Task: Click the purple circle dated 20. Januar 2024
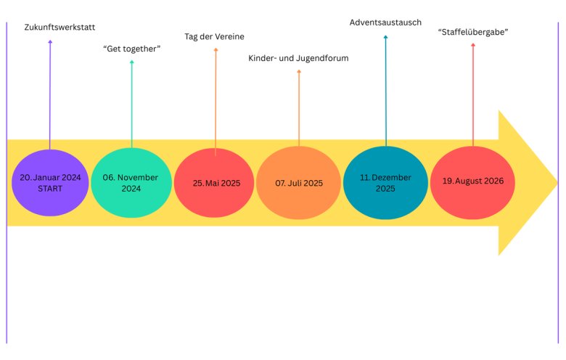(50, 183)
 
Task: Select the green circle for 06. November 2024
(131, 183)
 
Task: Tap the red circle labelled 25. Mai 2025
(214, 183)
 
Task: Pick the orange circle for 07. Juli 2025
(298, 183)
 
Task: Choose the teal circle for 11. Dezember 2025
(385, 183)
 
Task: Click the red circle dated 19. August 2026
(472, 183)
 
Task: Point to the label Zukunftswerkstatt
(60, 27)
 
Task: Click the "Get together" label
(132, 49)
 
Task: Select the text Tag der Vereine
(214, 36)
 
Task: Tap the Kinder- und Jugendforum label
(298, 58)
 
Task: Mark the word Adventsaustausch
(385, 22)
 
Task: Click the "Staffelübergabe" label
(473, 32)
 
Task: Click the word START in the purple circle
(50, 189)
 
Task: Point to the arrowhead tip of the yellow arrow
(558, 182)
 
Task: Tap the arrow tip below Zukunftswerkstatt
(50, 41)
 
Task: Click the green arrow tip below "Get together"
(132, 61)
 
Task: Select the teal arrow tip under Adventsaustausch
(385, 36)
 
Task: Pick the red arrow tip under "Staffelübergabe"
(473, 44)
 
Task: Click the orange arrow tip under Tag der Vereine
(216, 49)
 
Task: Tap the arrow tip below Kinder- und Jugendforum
(299, 70)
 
